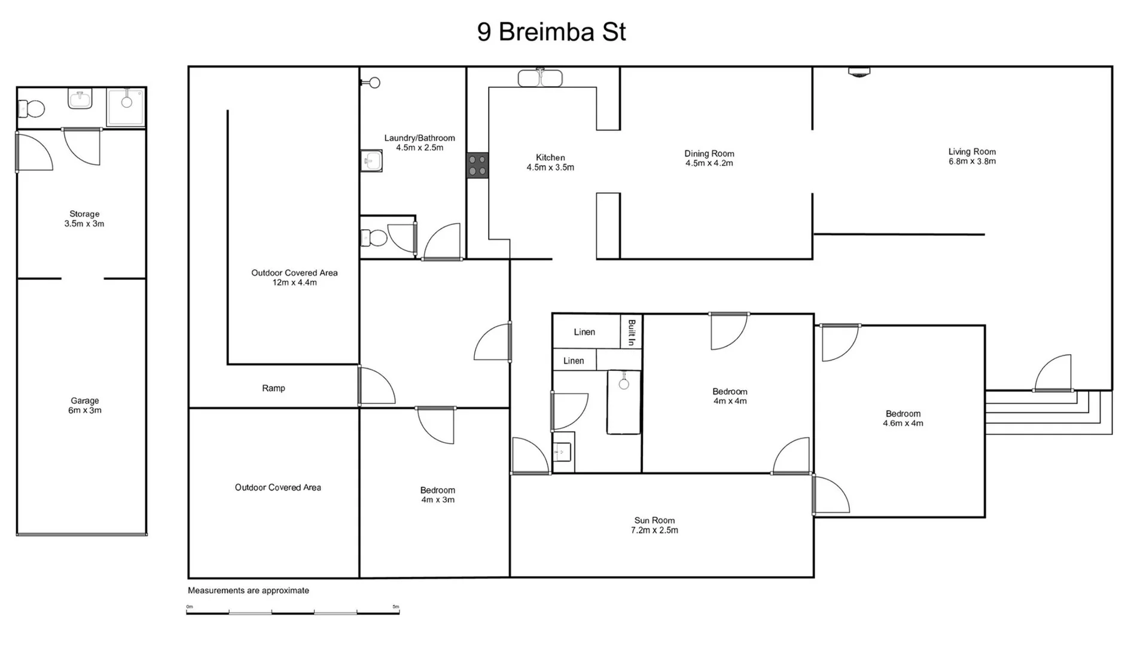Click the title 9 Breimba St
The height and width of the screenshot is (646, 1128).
click(551, 32)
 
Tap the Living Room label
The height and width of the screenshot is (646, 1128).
click(972, 156)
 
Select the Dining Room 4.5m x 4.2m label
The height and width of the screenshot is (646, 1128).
click(709, 158)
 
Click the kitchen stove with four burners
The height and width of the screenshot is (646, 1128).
click(477, 165)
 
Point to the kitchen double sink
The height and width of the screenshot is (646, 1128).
click(539, 78)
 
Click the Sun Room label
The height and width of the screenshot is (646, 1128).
click(654, 525)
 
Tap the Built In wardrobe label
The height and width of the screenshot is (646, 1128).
click(631, 332)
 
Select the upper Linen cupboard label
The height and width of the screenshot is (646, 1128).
click(584, 332)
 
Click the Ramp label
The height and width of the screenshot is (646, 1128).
click(273, 388)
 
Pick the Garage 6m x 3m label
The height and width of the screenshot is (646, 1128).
click(84, 405)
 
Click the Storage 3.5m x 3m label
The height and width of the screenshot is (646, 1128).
click(84, 218)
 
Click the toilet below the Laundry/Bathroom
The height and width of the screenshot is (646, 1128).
click(374, 238)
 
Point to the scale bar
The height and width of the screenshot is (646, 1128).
click(292, 611)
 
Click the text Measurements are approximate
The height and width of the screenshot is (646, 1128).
click(248, 590)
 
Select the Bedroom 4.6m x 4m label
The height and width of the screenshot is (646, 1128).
click(903, 418)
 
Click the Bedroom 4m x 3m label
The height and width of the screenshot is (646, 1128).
click(437, 495)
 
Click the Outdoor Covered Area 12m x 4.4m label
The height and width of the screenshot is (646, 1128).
click(294, 277)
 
